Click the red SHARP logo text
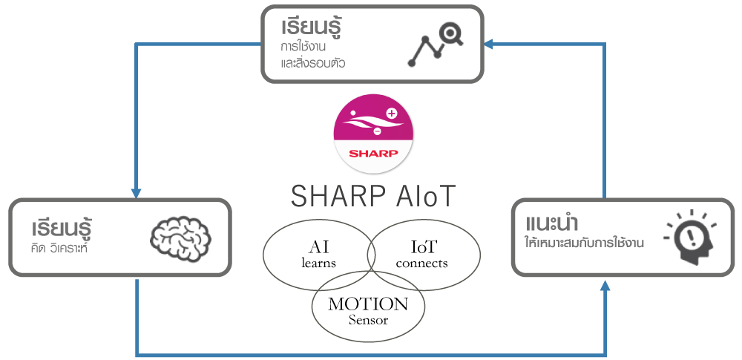coord(373,154)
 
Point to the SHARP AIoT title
coord(373,195)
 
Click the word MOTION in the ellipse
coord(368,304)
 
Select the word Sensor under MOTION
coord(368,320)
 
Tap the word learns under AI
coord(318,263)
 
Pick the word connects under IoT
coord(421,263)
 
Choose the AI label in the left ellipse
coord(318,246)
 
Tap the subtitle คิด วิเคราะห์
coord(59,248)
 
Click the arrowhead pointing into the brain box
coord(137,193)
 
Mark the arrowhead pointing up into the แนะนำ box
coord(605,285)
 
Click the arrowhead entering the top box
coord(489,45)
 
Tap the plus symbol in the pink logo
coord(391,114)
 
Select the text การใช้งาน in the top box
coord(303,48)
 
